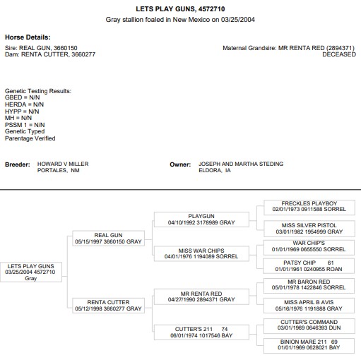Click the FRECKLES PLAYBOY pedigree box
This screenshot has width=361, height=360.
point(309,208)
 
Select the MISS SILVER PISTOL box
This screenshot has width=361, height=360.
point(309,229)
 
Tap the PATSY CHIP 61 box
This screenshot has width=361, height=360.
point(309,266)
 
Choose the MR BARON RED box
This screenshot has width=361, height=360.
point(309,286)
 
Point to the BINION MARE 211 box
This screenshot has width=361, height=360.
point(309,346)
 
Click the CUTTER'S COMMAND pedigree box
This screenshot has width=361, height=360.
point(309,326)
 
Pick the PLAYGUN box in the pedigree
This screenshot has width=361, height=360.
point(201,220)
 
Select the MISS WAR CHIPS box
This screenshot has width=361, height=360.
point(201,253)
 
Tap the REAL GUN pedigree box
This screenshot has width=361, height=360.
point(108,238)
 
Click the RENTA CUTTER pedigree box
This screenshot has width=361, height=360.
point(108,306)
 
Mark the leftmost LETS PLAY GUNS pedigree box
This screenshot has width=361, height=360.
point(31,272)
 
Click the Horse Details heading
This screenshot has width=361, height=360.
point(28,37)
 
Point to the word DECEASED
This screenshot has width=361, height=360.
point(339,54)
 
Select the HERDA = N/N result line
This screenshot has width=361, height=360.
point(24,104)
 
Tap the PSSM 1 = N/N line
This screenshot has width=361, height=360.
point(25,125)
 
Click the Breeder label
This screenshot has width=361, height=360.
point(18,164)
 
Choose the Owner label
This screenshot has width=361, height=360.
point(180,164)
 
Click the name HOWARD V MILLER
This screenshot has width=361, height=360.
point(63,164)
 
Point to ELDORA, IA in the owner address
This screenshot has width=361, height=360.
point(215,170)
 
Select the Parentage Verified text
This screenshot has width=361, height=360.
point(30,138)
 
